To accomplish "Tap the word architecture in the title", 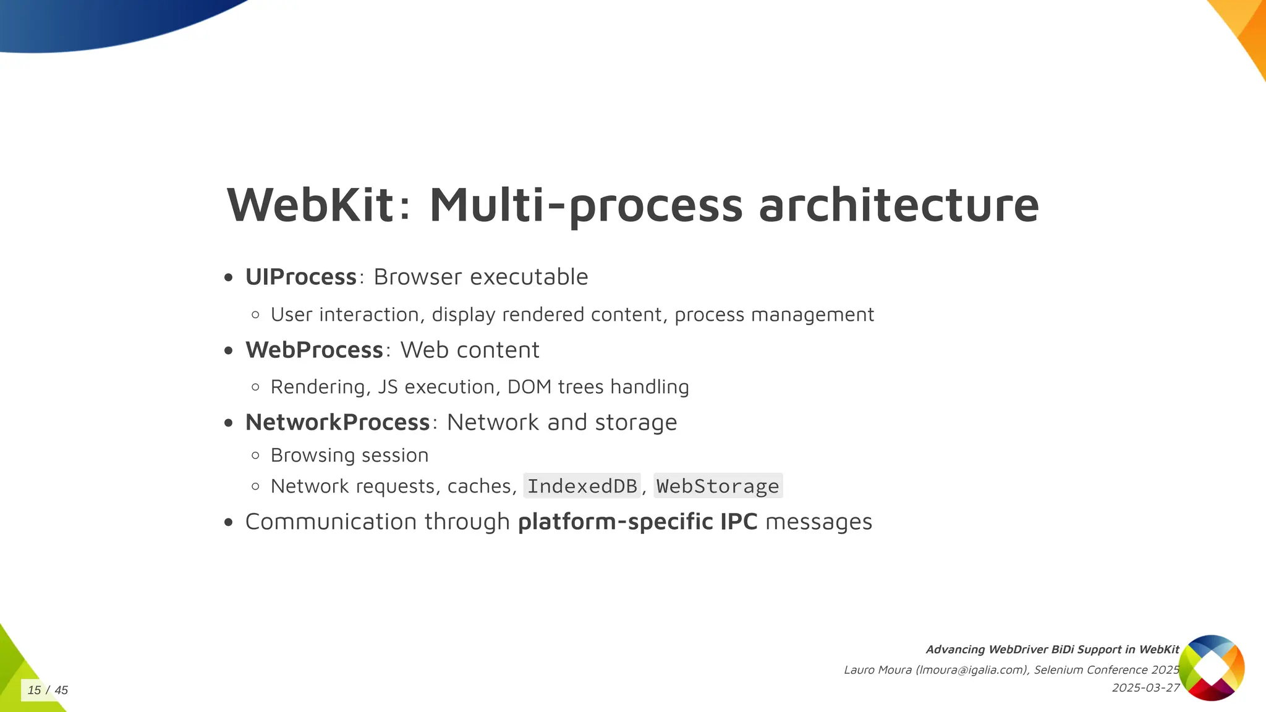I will click(x=899, y=205).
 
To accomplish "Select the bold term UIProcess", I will click(x=301, y=277).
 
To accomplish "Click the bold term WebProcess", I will click(x=314, y=350).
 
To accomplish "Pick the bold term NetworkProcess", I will click(x=338, y=423).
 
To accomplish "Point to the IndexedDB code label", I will click(x=582, y=486).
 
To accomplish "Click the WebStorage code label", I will click(x=718, y=486).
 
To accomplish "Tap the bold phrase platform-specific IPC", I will click(x=637, y=522).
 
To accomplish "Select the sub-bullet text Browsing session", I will click(x=349, y=456).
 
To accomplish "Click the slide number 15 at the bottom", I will click(x=34, y=690).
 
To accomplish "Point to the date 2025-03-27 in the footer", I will click(x=1145, y=688).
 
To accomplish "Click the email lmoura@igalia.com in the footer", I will click(x=972, y=670).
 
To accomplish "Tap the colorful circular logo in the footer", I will click(x=1211, y=667).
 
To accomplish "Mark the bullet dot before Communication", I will click(x=229, y=522).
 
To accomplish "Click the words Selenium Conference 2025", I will click(x=1107, y=670).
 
